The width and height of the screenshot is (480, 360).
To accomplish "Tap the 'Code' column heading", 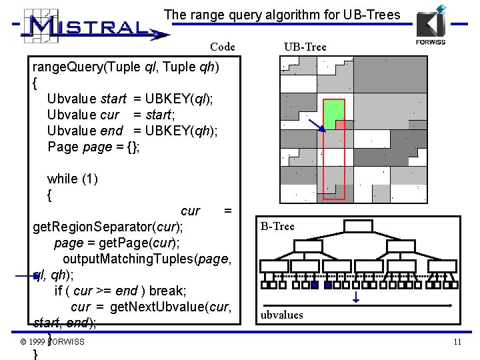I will pyautogui.click(x=222, y=47).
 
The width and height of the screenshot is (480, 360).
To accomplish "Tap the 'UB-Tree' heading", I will pyautogui.click(x=305, y=47).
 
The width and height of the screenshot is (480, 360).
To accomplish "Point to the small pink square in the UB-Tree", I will pyautogui.click(x=340, y=125).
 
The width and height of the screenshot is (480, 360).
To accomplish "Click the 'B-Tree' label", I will pyautogui.click(x=277, y=226).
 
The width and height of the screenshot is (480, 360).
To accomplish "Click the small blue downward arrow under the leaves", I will pyautogui.click(x=356, y=297).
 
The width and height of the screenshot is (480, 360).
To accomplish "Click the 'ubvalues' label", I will pyautogui.click(x=281, y=315).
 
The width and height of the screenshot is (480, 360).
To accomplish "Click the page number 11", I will pyautogui.click(x=457, y=342).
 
